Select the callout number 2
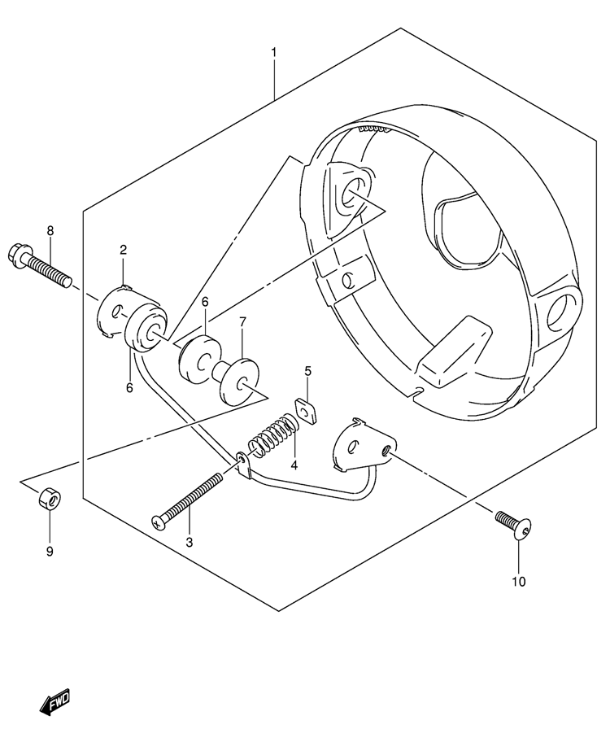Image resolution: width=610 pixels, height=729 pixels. [124, 250]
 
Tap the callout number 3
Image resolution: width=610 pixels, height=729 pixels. [189, 542]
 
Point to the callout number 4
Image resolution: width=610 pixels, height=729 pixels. [294, 465]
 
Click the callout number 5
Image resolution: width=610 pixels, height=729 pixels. [308, 372]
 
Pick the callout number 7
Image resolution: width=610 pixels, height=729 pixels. [242, 323]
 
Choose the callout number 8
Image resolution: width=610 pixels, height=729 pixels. [50, 231]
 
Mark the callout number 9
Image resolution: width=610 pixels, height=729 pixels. [49, 552]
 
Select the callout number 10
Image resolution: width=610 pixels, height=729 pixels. [519, 581]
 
